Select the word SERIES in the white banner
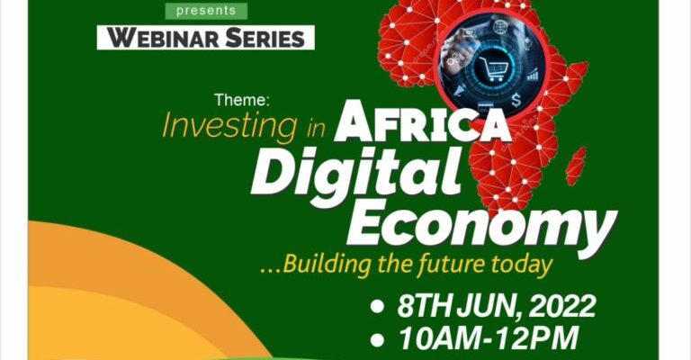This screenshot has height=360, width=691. pos(265,38)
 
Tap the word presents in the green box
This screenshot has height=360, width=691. pos(206,11)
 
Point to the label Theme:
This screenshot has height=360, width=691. pos(242,101)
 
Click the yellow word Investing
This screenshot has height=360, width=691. pos(229,126)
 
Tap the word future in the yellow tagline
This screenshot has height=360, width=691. pos(446,264)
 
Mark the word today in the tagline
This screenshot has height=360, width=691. pos(517,265)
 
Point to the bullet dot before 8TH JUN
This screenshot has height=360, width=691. pos(377,306)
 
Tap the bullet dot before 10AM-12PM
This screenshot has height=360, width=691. pos(377,339)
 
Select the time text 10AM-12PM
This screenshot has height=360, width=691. pos(489,338)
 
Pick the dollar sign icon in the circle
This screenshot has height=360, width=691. pos(516,101)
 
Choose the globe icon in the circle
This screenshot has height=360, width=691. pos(500,27)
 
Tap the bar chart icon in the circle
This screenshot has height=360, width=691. pos(533,75)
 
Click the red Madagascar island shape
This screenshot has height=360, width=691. pos(576,166)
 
